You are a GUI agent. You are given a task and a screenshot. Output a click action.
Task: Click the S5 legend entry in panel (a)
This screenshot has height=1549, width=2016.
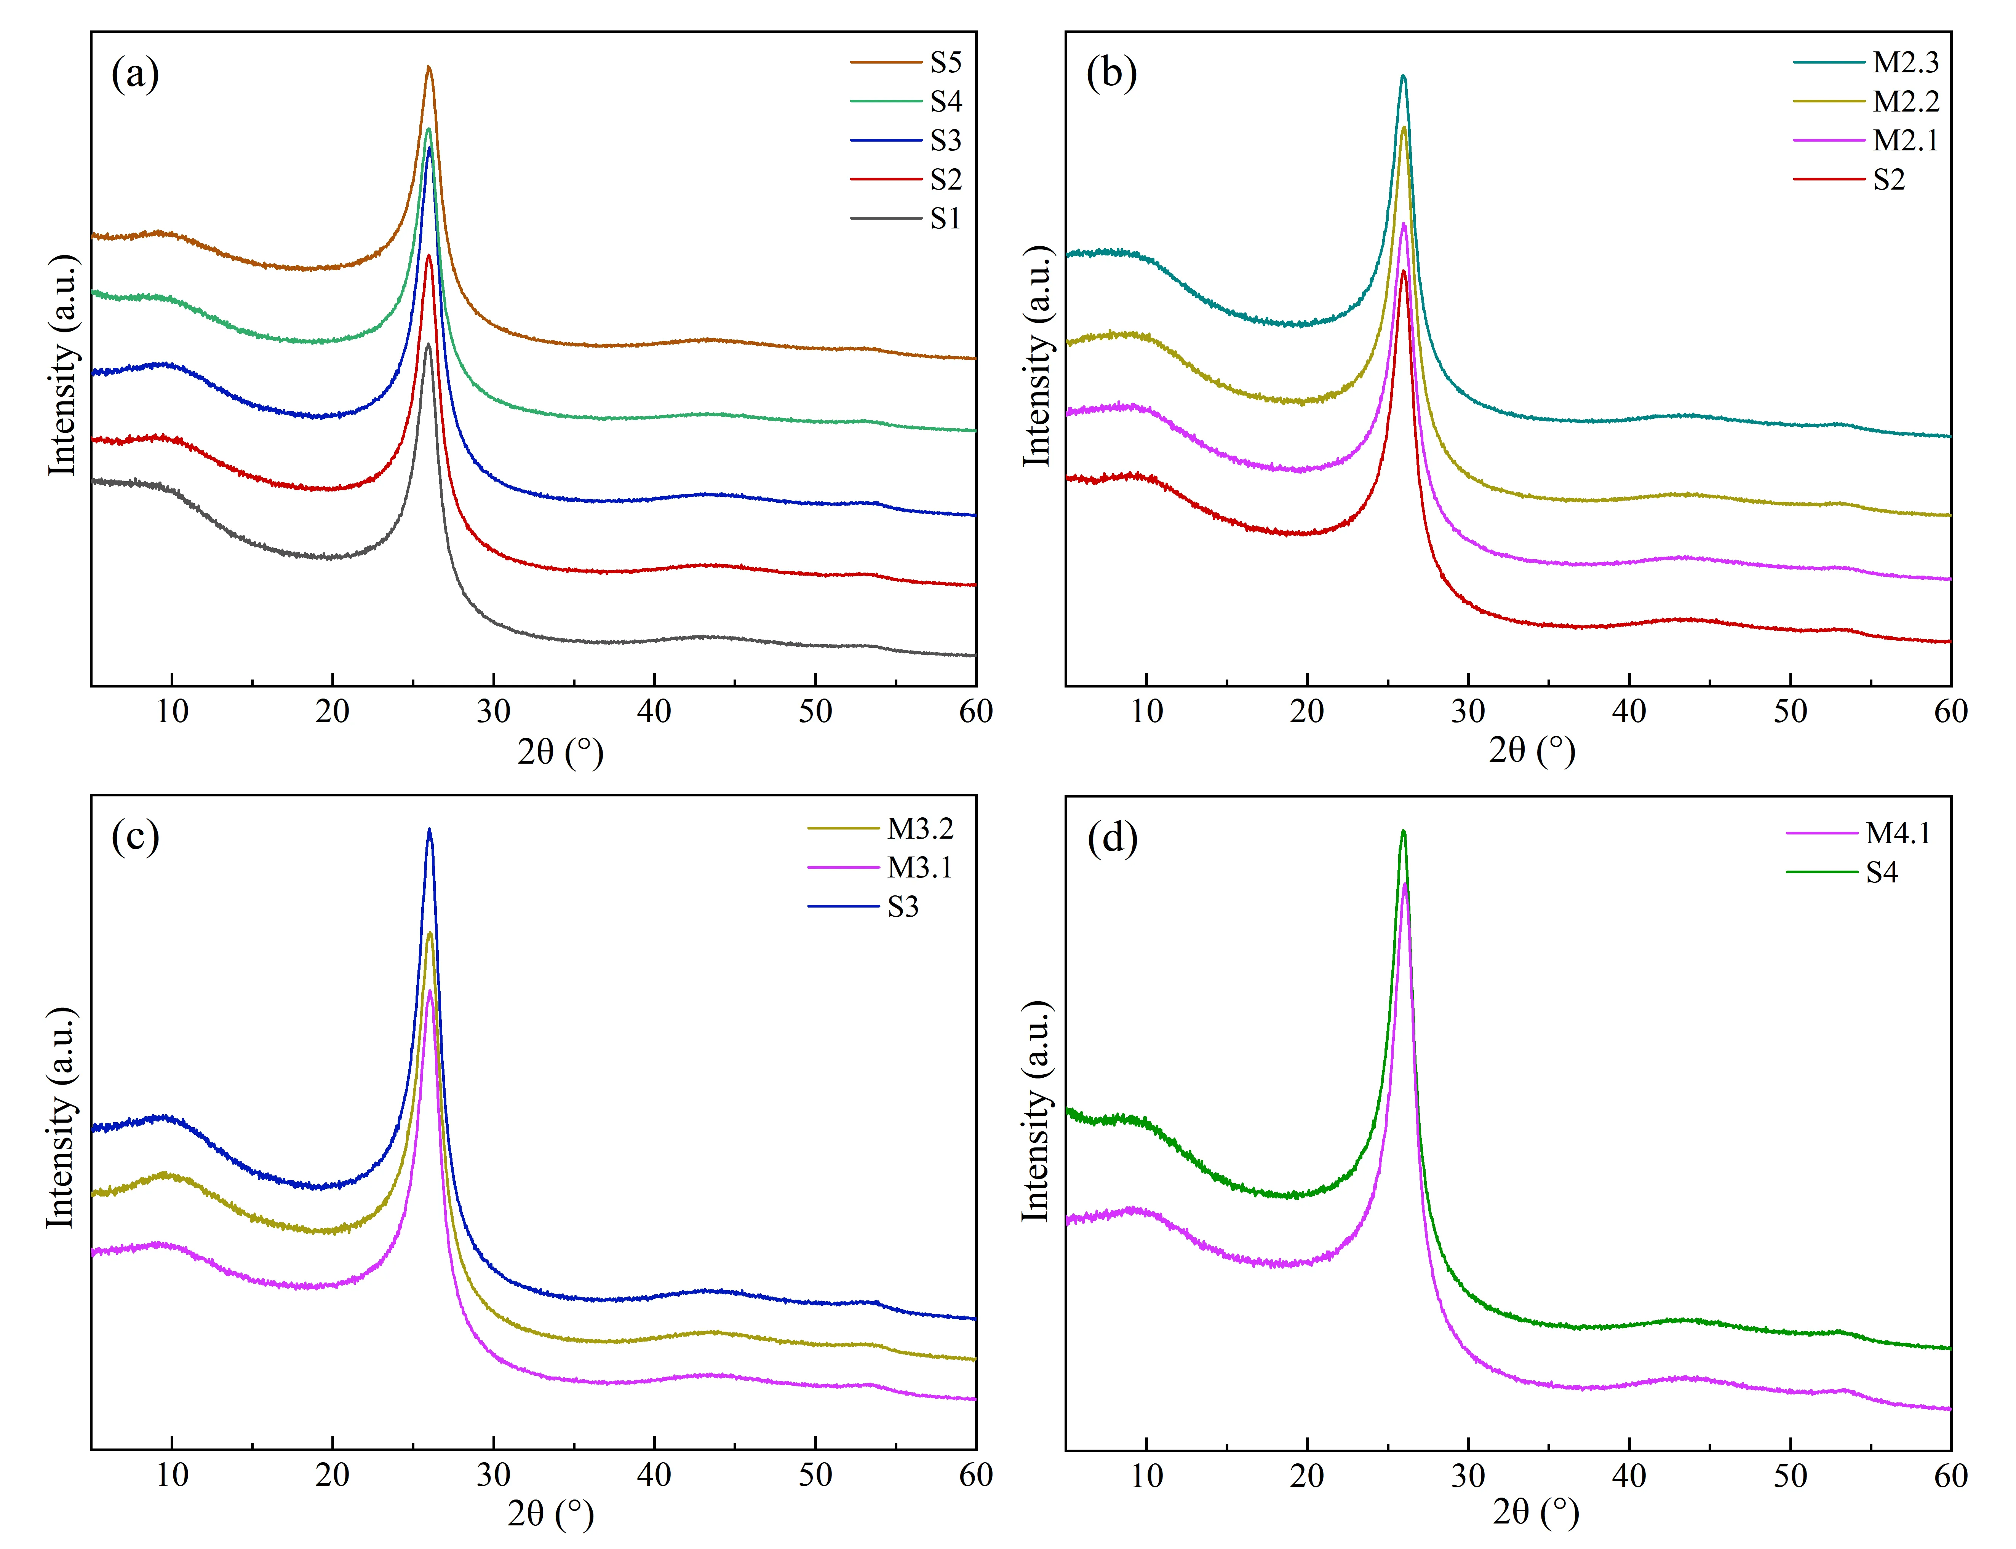tap(945, 63)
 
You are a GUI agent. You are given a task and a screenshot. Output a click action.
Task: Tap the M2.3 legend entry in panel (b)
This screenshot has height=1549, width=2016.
tap(1905, 63)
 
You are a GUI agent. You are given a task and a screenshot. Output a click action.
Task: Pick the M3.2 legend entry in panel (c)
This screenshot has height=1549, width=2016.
tap(919, 829)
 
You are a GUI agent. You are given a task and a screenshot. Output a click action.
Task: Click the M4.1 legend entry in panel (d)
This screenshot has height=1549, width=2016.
tap(1898, 834)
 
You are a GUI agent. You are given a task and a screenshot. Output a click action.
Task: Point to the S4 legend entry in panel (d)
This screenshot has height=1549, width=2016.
tap(1881, 872)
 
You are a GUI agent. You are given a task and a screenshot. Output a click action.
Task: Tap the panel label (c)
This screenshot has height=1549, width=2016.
tap(135, 837)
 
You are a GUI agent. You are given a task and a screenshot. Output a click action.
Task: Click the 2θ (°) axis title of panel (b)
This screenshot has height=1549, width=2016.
tap(1532, 751)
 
